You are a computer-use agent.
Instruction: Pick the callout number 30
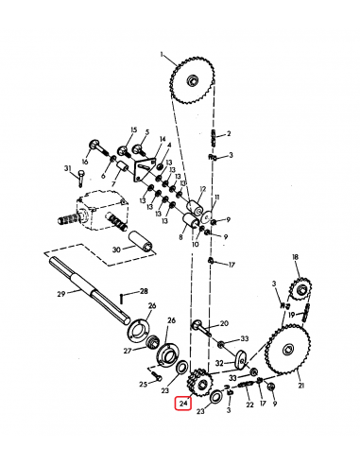pos(115,250)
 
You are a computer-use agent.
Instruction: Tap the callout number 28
pos(145,292)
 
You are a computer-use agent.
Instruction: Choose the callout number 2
pos(229,134)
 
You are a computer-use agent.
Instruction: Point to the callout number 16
pos(86,162)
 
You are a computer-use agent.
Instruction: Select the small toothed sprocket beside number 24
pos(198,382)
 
